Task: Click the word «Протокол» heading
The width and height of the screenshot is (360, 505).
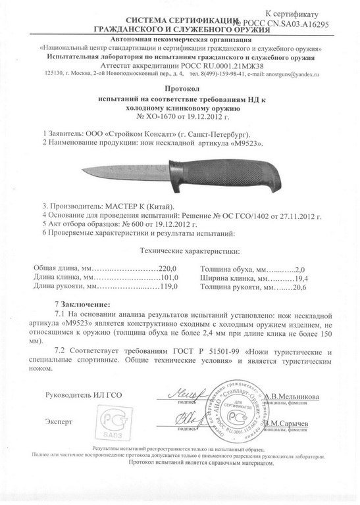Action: pos(179,87)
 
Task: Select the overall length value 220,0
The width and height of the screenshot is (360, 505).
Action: pos(151,268)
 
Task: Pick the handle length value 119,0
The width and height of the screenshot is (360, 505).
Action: pos(152,287)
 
